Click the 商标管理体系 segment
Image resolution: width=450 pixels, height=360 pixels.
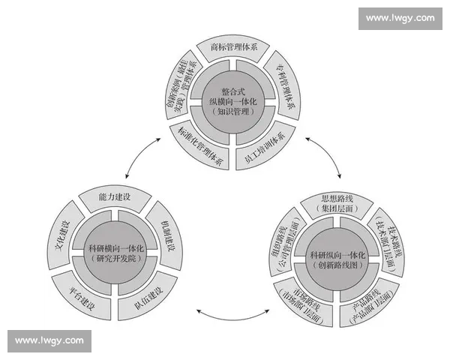pyautogui.click(x=234, y=48)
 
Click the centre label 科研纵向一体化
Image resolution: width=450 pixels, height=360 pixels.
pyautogui.click(x=337, y=259)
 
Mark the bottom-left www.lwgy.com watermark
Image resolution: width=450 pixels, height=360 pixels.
pyautogui.click(x=49, y=340)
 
